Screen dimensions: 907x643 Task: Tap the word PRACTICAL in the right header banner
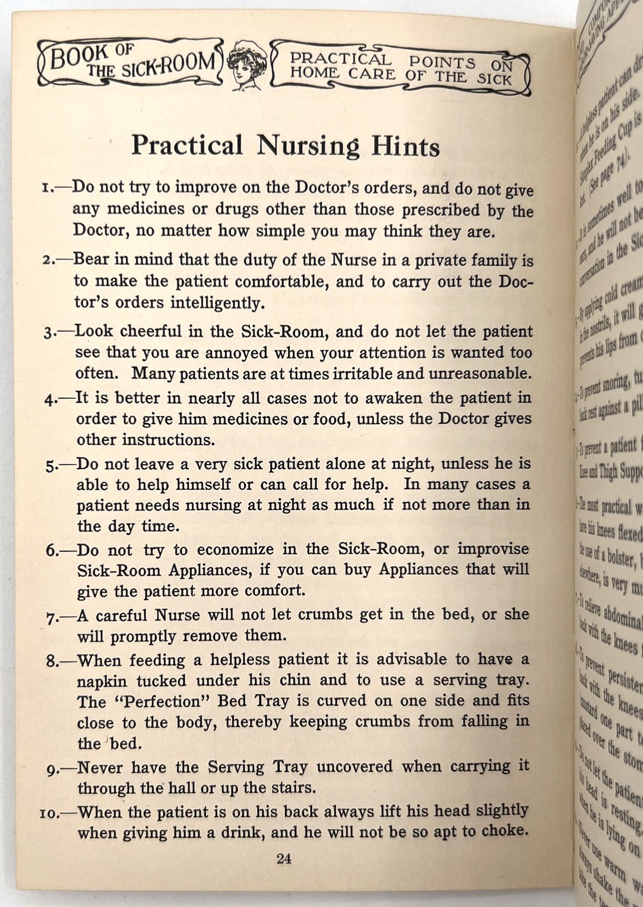340,59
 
